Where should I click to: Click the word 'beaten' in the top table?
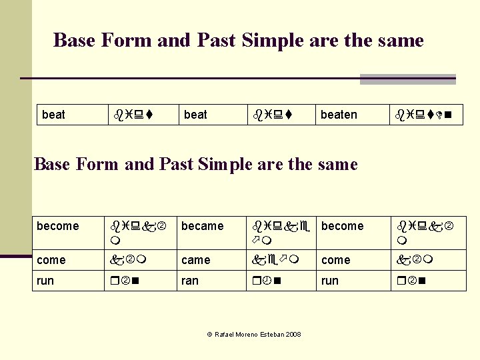click(x=339, y=115)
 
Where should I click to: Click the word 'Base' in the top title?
click(x=74, y=41)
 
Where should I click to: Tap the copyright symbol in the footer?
click(x=209, y=334)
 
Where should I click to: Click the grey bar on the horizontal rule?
click(x=407, y=79)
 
